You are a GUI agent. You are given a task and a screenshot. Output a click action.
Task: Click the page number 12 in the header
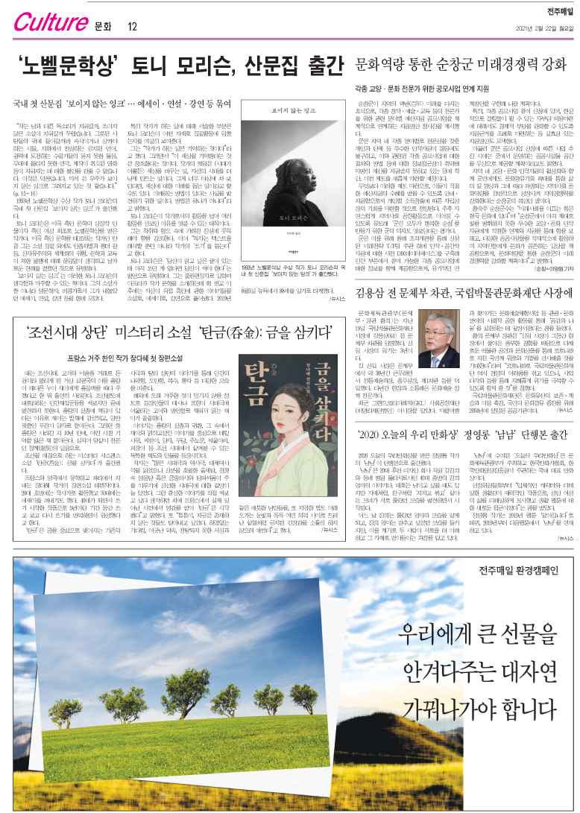133,28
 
